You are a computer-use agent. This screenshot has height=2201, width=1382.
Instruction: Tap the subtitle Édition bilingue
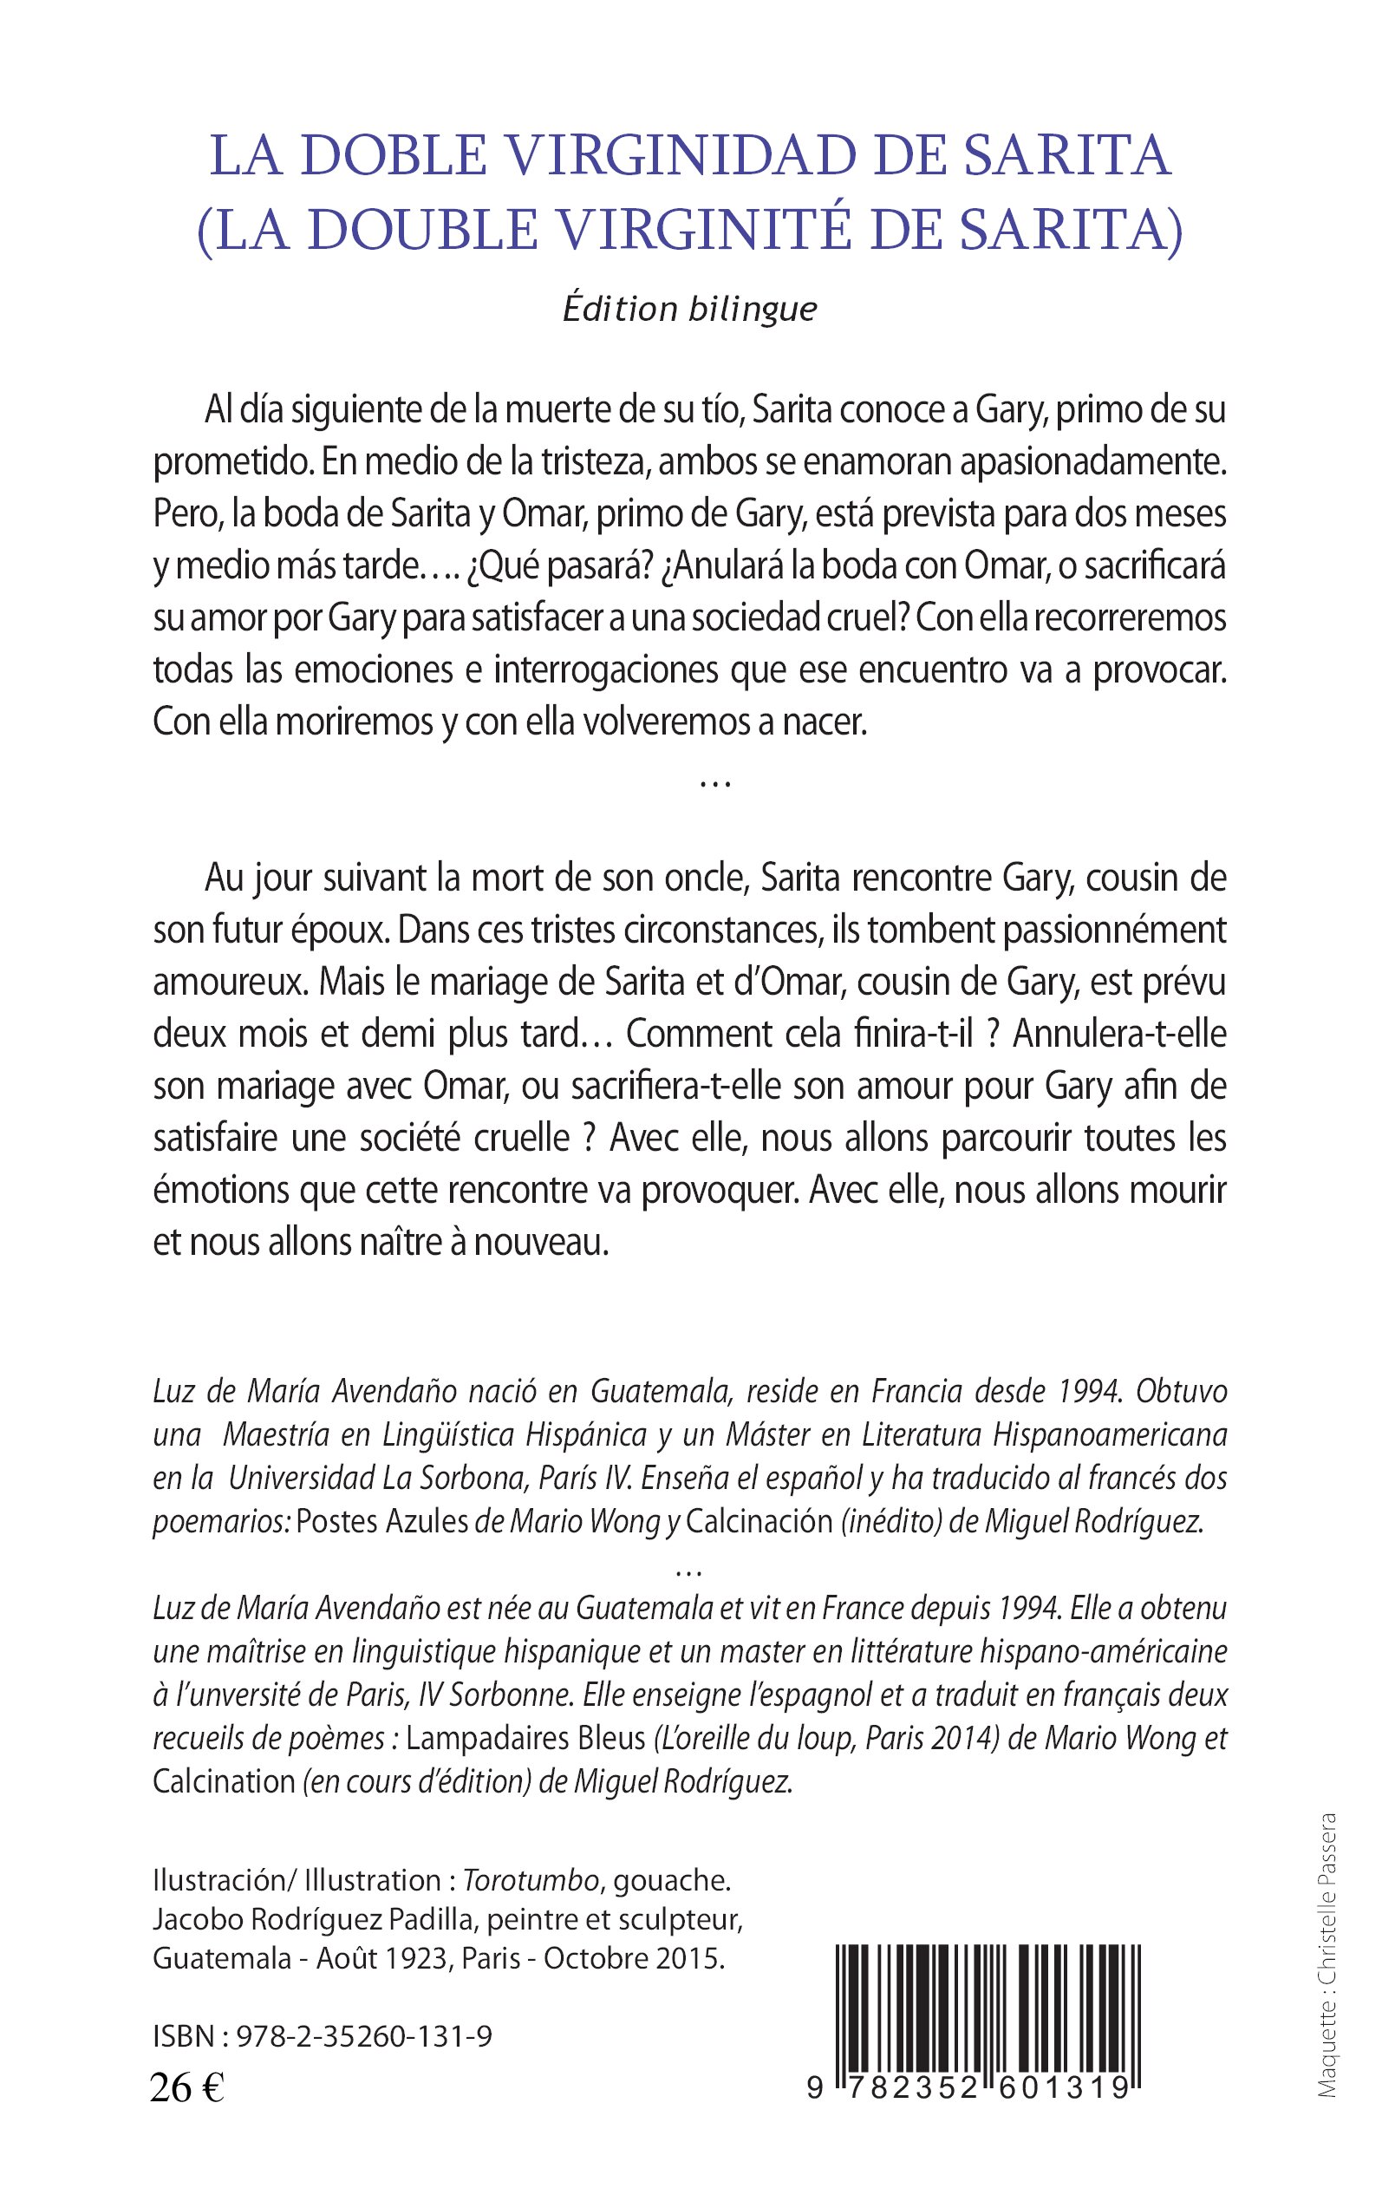tap(689, 309)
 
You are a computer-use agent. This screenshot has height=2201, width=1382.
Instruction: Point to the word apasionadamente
tap(1092, 462)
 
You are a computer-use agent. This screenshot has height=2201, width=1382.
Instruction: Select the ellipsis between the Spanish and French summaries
tap(714, 784)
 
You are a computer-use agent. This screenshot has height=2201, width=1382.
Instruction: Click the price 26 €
tap(186, 2090)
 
